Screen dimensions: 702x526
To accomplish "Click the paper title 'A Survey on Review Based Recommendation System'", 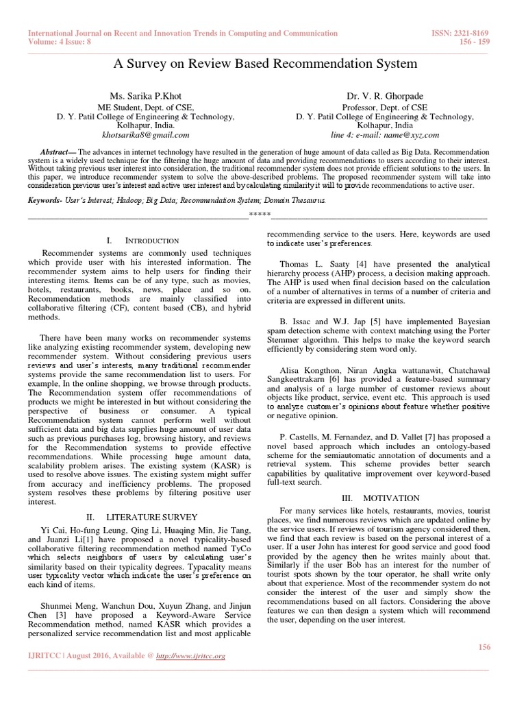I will pyautogui.click(x=263, y=64).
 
